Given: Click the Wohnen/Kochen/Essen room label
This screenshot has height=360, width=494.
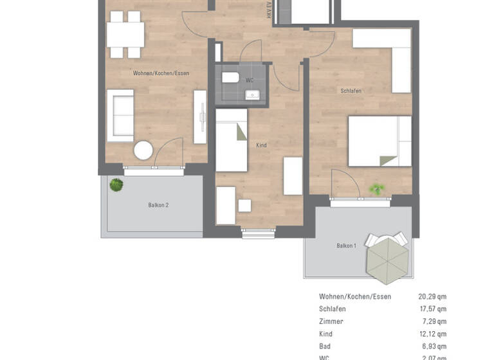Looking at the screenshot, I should [x=161, y=73].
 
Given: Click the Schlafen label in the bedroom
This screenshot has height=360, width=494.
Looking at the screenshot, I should [x=351, y=91].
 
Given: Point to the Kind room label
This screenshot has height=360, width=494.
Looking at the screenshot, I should [x=261, y=145].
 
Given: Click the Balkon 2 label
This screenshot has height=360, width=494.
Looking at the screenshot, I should [x=158, y=205].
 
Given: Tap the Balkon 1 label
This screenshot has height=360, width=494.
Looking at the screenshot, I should [x=346, y=246].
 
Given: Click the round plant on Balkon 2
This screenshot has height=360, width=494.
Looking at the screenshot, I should [x=116, y=185].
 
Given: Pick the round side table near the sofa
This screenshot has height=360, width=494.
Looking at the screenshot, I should [x=143, y=150].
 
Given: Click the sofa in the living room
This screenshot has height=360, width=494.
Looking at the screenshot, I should [x=120, y=116].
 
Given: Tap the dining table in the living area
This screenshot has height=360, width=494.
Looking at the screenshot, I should [x=125, y=35].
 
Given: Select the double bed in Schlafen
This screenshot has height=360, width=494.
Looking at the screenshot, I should [x=380, y=141].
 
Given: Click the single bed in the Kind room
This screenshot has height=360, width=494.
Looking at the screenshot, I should [x=231, y=140].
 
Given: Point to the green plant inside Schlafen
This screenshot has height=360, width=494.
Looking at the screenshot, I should [x=377, y=189].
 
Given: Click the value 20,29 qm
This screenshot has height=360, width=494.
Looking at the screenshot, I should [x=432, y=297].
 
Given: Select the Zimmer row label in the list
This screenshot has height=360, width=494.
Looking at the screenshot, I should [x=331, y=321].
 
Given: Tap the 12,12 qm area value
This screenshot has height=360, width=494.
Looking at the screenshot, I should [x=432, y=334].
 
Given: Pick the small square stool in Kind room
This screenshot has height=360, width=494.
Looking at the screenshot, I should [x=244, y=206].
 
